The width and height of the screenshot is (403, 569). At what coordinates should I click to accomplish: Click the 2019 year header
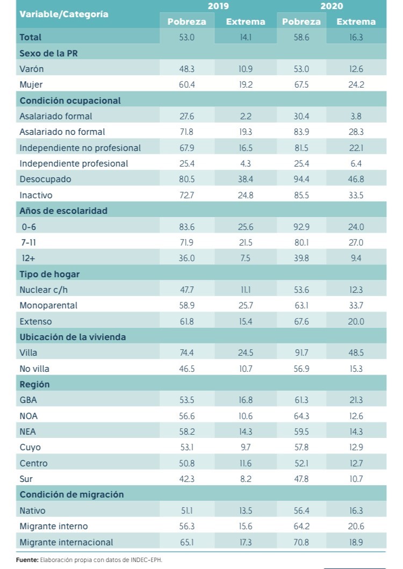pyautogui.click(x=218, y=6)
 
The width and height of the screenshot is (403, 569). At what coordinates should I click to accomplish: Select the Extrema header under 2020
pyautogui.click(x=356, y=21)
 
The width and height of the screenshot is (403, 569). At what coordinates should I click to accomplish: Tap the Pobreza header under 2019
pyautogui.click(x=187, y=21)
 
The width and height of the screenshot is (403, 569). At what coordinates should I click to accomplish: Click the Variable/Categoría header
pyautogui.click(x=64, y=14)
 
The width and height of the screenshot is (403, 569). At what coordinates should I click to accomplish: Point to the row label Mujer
pyautogui.click(x=31, y=84)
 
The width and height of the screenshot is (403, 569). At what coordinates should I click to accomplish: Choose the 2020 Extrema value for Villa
pyautogui.click(x=356, y=352)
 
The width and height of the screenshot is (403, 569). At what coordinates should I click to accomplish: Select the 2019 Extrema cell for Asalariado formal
pyautogui.click(x=246, y=116)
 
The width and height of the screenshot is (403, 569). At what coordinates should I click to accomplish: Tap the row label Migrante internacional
pyautogui.click(x=67, y=542)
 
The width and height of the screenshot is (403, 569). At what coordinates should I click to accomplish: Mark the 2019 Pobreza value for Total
pyautogui.click(x=187, y=37)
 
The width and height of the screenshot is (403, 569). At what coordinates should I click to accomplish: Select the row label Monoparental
pyautogui.click(x=48, y=305)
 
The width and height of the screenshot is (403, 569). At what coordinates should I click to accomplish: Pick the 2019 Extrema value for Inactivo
pyautogui.click(x=246, y=195)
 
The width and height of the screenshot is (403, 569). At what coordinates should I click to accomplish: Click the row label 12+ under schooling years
pyautogui.click(x=28, y=258)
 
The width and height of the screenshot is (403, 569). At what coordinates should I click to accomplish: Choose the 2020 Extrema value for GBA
pyautogui.click(x=356, y=400)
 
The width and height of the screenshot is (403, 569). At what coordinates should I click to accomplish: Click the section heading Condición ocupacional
pyautogui.click(x=70, y=100)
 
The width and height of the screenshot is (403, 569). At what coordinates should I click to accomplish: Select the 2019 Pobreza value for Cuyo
pyautogui.click(x=187, y=447)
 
